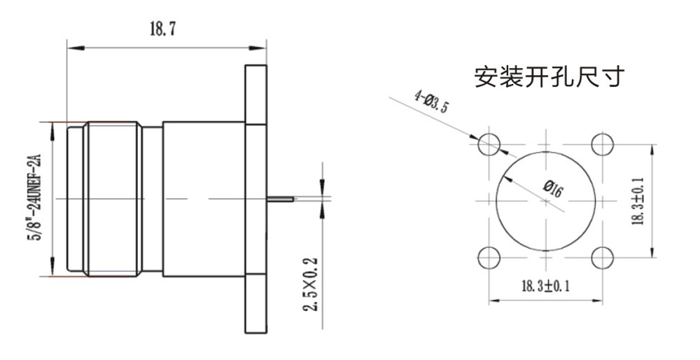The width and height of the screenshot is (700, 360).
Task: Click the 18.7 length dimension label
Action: [x=163, y=29]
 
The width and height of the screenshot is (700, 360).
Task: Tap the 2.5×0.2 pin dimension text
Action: [x=312, y=284]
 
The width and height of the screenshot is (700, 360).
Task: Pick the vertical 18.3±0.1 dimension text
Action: [x=638, y=201]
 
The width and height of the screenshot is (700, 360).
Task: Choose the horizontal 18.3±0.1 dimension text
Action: [x=545, y=286]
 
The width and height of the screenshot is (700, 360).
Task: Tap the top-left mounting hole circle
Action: [x=489, y=145]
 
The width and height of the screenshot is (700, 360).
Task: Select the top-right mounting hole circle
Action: [x=603, y=145]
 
